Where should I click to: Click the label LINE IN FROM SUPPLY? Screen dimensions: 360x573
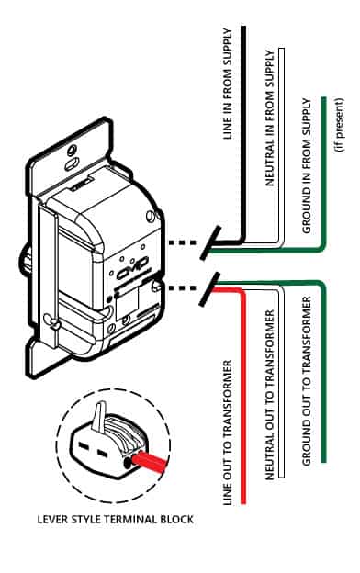228,84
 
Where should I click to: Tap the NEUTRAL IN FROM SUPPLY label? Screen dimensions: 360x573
269,118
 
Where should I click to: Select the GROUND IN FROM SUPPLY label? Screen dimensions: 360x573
306,165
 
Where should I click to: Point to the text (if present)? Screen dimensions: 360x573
339,125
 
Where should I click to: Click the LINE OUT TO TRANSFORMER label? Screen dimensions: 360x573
228,433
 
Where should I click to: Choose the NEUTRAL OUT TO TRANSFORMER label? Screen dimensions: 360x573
269,395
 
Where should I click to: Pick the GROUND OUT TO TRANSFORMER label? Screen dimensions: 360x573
306,381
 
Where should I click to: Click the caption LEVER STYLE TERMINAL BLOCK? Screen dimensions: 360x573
116,520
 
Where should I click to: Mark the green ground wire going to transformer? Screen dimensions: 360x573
323,369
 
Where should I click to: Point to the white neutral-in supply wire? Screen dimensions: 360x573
282,146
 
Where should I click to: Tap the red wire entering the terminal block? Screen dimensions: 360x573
151,462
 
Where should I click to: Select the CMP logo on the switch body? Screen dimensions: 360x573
132,267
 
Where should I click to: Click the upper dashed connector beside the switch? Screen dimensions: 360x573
183,242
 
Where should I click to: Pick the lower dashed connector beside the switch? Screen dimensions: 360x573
183,288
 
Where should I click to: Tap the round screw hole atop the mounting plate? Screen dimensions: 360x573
73,151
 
